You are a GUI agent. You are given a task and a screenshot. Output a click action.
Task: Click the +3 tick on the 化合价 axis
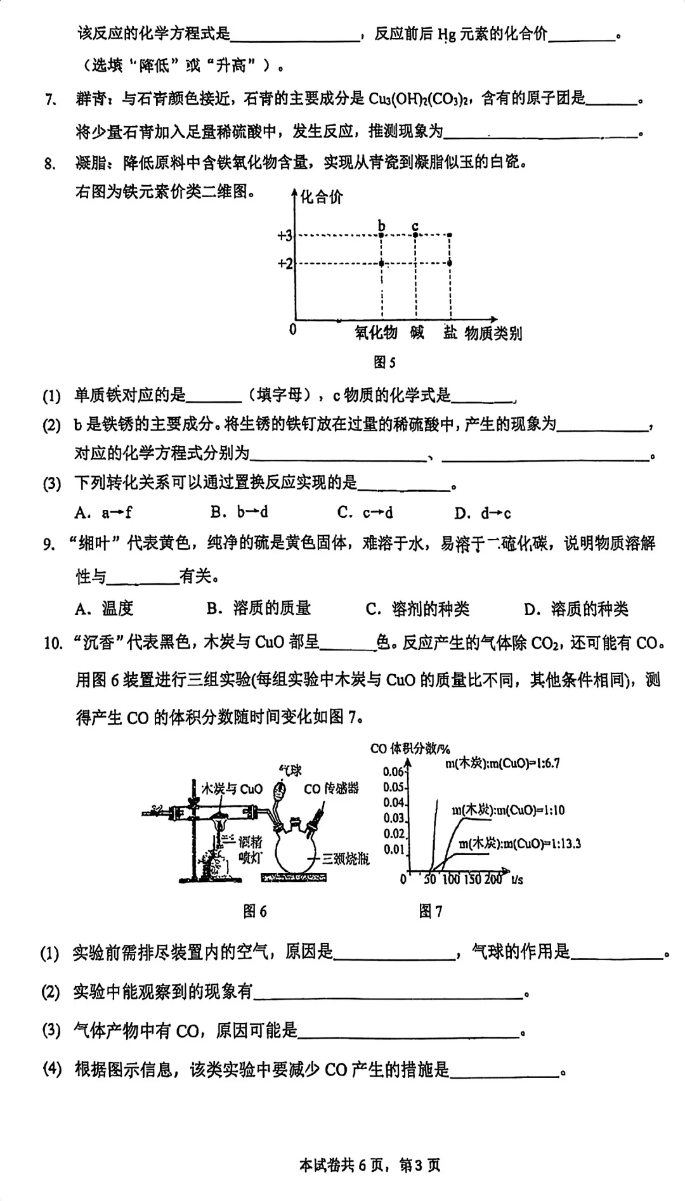[x=285, y=236]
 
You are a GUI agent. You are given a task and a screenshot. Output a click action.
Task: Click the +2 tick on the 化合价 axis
[x=285, y=263]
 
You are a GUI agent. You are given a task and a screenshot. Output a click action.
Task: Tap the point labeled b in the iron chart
[x=382, y=235]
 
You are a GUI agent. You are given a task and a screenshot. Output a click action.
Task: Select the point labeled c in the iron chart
[x=415, y=235]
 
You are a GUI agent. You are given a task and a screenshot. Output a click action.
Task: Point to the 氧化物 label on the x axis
[x=375, y=332]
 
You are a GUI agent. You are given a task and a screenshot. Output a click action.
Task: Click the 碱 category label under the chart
[x=417, y=332]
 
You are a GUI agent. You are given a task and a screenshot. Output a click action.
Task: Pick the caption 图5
[x=384, y=362]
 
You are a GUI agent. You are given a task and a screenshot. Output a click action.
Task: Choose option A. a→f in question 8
[x=103, y=512]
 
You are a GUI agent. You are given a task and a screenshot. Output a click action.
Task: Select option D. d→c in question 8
[x=483, y=513]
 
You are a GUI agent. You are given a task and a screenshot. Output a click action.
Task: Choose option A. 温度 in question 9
[x=104, y=609]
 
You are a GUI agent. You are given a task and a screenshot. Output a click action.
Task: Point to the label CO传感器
[x=331, y=788]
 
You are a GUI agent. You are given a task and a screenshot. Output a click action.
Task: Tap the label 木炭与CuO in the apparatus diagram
[x=232, y=788]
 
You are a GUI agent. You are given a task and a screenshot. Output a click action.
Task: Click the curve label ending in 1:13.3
[x=519, y=843]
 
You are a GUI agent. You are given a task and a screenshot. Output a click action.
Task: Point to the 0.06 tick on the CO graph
[x=394, y=772]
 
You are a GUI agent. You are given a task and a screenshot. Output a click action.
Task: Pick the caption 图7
[x=430, y=911]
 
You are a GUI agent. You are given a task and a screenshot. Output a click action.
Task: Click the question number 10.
[x=53, y=644]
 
